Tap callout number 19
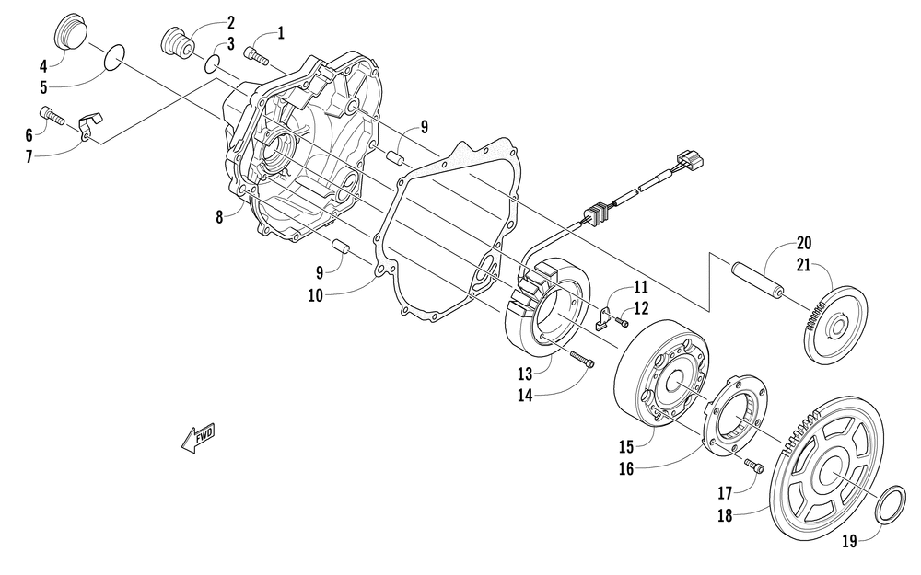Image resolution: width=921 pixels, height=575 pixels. point(849,541)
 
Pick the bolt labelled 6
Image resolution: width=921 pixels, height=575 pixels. point(51,116)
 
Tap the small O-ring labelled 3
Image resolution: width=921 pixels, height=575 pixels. point(212,63)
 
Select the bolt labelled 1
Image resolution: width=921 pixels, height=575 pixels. point(256,58)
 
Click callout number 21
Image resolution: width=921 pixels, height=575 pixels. point(804,265)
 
